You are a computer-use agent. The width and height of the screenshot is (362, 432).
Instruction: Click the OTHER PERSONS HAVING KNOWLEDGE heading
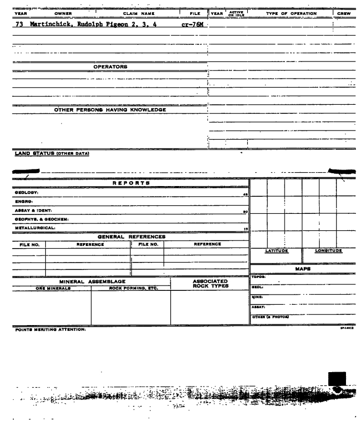pos(111,110)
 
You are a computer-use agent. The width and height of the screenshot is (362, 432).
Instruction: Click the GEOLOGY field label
pos(16,192)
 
